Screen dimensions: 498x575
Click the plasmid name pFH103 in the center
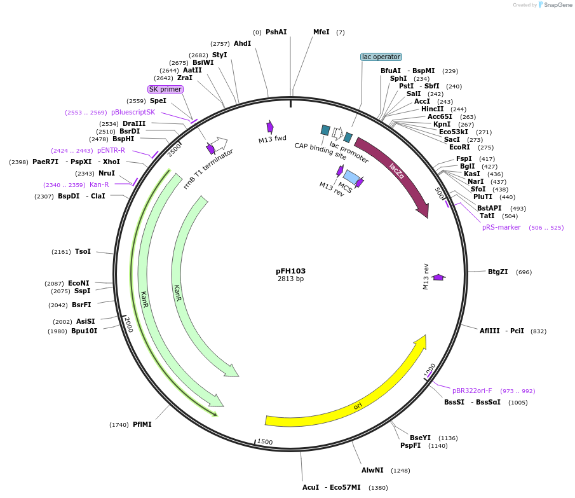290,271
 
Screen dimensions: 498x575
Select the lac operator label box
381,57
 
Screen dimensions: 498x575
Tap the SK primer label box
165,89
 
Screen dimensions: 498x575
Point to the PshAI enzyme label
276,32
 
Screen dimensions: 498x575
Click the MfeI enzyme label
321,32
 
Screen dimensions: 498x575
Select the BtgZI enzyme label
497,272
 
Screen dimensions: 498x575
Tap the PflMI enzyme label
142,424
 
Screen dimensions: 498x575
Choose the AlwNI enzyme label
372,470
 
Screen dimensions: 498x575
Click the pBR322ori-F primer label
471,391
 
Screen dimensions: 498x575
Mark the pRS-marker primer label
501,227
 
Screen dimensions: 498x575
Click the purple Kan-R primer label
99,184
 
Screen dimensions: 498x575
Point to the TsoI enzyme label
83,251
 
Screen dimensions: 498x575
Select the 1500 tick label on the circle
265,441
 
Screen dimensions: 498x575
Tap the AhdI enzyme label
242,43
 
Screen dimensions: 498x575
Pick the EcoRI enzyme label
459,147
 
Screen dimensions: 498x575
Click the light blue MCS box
351,177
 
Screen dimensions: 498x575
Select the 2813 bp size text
290,279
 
